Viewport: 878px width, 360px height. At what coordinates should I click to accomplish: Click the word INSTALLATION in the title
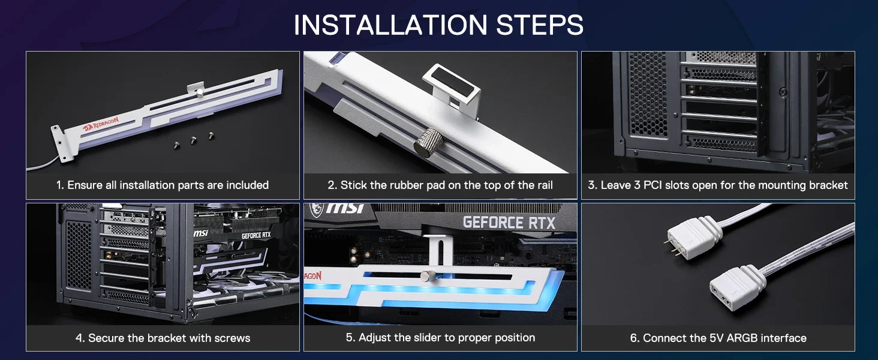coord(390,25)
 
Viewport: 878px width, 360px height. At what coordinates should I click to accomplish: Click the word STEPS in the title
coord(540,25)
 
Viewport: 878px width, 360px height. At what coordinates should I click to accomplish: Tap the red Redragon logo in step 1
coord(101,124)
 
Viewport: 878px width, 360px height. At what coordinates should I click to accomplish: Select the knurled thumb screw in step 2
coord(428,140)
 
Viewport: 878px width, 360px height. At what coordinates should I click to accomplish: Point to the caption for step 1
coord(163,185)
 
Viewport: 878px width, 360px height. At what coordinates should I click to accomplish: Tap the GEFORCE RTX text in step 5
coord(509,223)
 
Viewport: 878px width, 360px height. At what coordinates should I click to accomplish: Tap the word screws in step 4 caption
coord(232,338)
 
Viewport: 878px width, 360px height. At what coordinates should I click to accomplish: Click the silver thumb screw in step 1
coord(200,92)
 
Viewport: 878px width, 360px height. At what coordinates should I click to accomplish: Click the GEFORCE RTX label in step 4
coord(256,235)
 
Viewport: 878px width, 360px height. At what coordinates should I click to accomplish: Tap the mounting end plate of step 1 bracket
coord(59,144)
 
